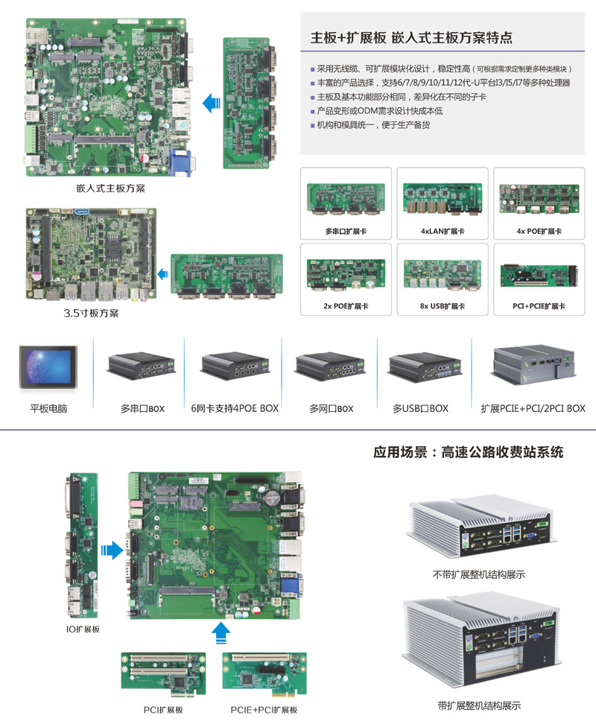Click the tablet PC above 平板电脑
[48, 366]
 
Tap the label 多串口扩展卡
[346, 231]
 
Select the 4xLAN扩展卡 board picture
[443, 198]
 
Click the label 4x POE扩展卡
[539, 231]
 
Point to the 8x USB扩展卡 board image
[443, 274]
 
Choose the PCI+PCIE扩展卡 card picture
[539, 275]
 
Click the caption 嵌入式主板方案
[111, 188]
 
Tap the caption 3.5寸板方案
[92, 313]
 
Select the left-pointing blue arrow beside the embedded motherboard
[211, 103]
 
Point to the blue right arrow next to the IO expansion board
[112, 550]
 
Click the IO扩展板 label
[83, 629]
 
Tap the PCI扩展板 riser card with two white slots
[163, 675]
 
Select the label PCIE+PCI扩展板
[264, 710]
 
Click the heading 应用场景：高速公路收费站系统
[469, 452]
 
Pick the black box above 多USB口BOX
[425, 368]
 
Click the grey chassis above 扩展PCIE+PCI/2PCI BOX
[533, 365]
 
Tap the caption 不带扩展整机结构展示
[478, 574]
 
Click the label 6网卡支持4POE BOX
[235, 408]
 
